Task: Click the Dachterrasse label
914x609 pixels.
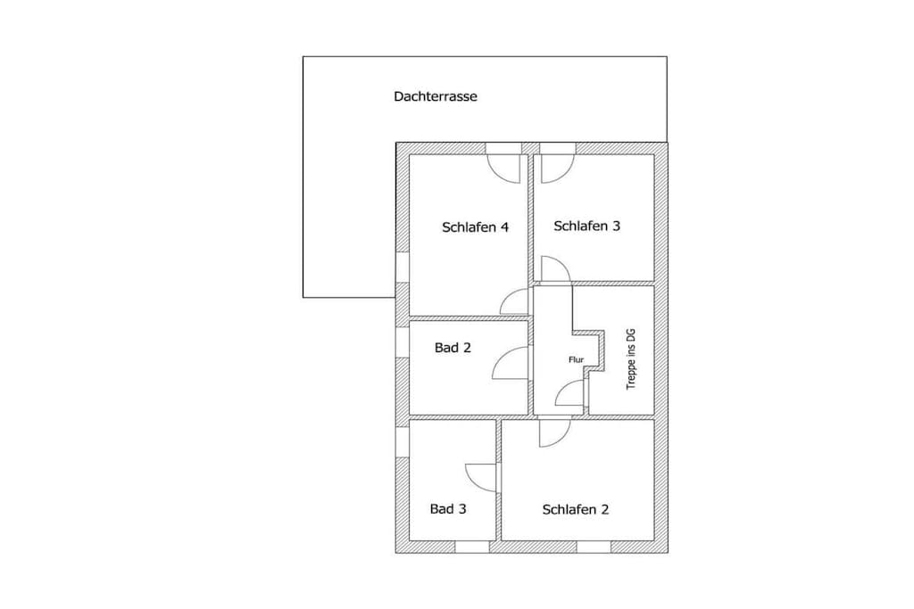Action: [x=436, y=96]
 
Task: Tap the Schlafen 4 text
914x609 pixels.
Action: [x=475, y=227]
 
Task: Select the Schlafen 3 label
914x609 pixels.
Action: [x=587, y=226]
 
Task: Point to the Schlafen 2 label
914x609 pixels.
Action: [x=576, y=509]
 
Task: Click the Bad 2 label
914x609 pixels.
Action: [x=453, y=348]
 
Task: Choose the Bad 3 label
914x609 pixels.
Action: [x=448, y=509]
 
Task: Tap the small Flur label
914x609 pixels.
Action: [x=576, y=360]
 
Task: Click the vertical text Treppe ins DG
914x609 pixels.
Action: [x=631, y=360]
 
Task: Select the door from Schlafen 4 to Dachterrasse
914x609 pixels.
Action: [x=503, y=169]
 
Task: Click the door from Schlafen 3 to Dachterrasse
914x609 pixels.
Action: [x=558, y=169]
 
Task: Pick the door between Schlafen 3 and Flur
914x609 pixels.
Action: [x=556, y=269]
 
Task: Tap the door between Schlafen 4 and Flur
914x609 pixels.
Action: [x=514, y=301]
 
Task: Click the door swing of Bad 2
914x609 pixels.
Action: [x=511, y=363]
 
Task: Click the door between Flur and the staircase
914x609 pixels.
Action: [x=569, y=392]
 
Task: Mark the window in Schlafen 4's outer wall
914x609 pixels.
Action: [x=403, y=267]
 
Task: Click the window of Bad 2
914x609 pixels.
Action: [x=403, y=342]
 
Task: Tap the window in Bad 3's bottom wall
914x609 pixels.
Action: [x=472, y=547]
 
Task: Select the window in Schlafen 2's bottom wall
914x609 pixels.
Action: [x=594, y=547]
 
